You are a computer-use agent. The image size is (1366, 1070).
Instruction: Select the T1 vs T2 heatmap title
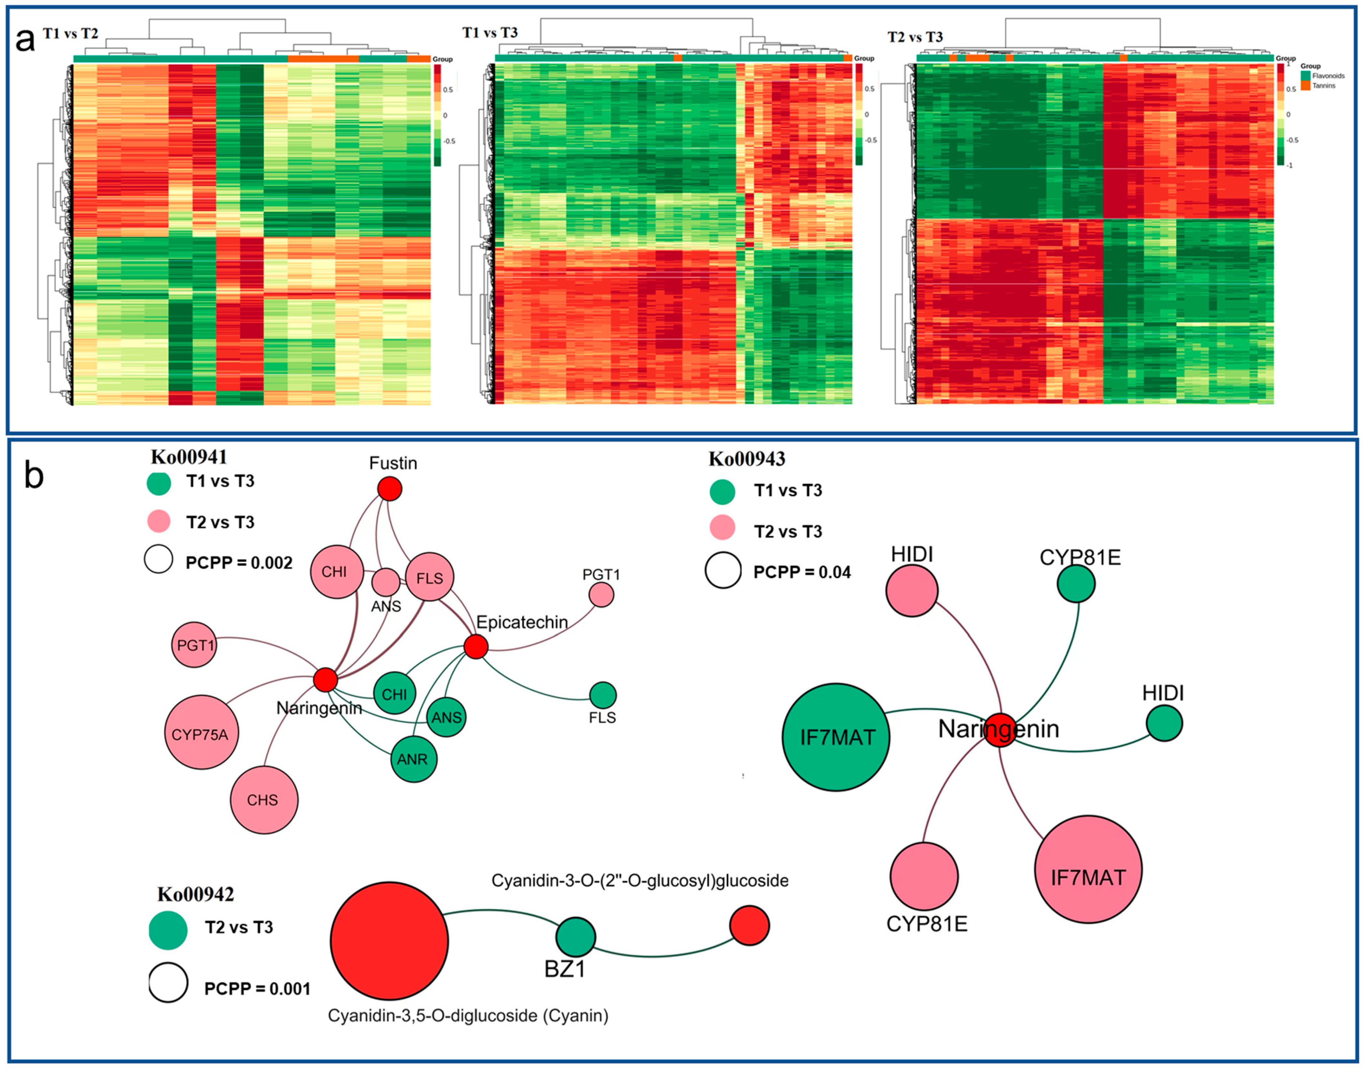tap(70, 33)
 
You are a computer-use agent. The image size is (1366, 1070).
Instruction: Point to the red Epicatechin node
tap(476, 647)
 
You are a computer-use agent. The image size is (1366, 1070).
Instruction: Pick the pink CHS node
tap(264, 800)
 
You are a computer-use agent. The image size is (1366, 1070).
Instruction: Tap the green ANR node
tap(413, 759)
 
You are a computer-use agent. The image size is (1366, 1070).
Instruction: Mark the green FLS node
tap(603, 695)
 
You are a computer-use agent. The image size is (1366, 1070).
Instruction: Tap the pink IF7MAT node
tap(1088, 870)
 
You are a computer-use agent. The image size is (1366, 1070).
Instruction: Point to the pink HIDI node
tap(912, 590)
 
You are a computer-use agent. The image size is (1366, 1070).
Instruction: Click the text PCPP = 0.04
tap(802, 572)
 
